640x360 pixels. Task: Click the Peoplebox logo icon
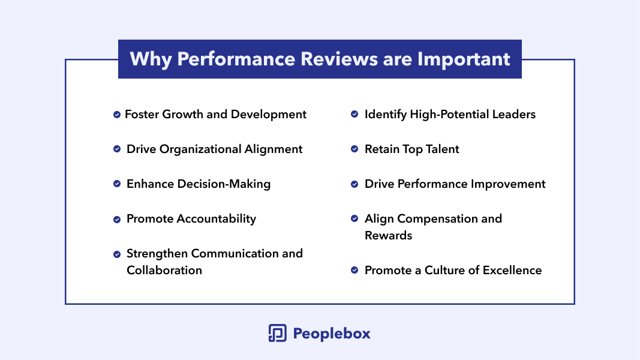coord(278,333)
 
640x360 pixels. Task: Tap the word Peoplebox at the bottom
coord(332,334)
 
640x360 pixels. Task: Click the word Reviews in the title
coord(339,59)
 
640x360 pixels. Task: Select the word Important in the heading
coord(464,59)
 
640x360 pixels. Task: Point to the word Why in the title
coord(151,59)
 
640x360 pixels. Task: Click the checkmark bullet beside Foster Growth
coord(117,115)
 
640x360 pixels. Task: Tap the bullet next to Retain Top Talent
coord(354,149)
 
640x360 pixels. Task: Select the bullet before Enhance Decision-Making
coord(117,184)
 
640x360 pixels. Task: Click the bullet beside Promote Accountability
coord(117,220)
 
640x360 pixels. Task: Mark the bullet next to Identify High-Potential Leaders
coord(354,114)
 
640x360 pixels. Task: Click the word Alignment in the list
coord(274,149)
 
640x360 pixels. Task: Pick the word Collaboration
coord(164,270)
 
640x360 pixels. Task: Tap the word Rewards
coord(388,236)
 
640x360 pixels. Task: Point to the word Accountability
coord(217,219)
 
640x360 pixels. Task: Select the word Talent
coord(443,149)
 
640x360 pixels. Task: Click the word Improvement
coord(508,184)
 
